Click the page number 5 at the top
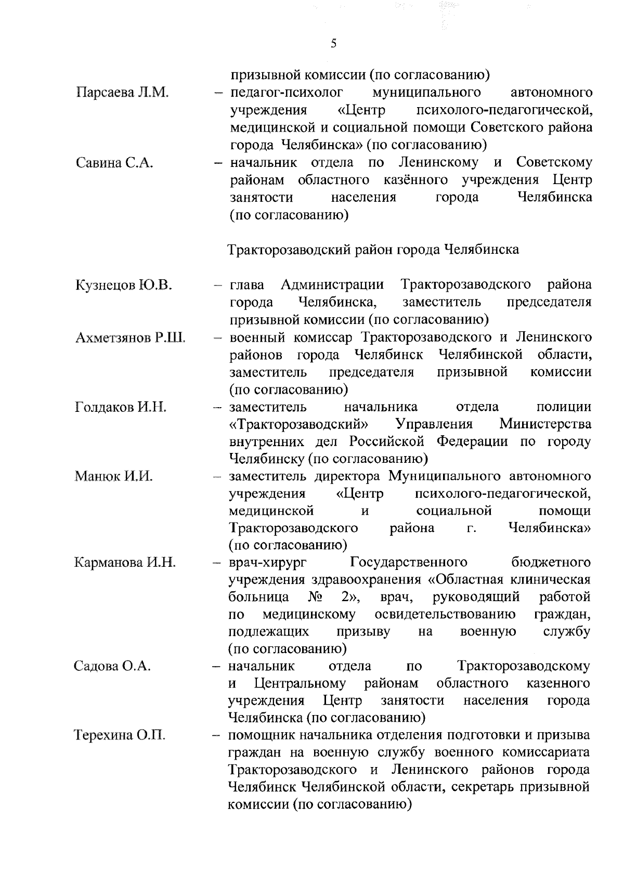point(333,44)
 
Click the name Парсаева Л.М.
point(123,93)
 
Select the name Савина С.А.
point(114,163)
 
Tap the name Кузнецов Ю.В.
point(124,285)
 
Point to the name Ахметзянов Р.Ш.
point(130,337)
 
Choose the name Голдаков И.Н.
point(121,407)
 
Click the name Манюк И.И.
point(113,476)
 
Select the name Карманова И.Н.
point(125,563)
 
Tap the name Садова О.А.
point(112,666)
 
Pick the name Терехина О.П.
point(120,736)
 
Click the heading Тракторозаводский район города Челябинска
point(373,250)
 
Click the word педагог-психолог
point(287,93)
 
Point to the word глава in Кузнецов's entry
point(246,285)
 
